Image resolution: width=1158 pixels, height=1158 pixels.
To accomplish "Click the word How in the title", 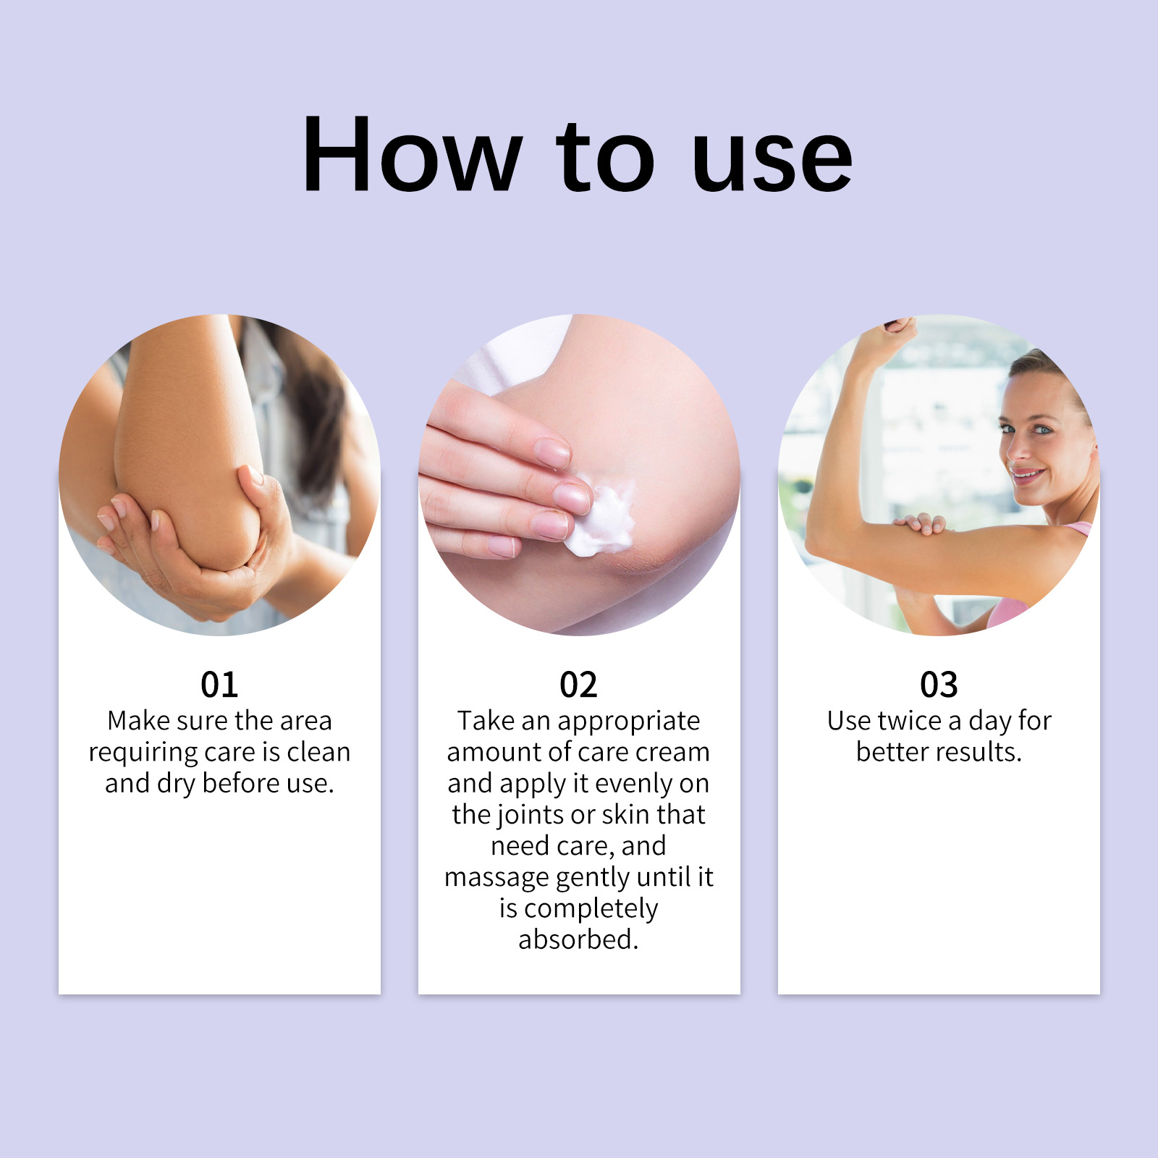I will click(x=411, y=155).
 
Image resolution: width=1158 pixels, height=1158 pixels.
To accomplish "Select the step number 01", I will click(x=219, y=684).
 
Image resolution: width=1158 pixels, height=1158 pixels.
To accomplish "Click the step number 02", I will click(x=578, y=684).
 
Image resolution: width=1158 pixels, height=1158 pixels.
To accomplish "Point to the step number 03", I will click(x=939, y=684).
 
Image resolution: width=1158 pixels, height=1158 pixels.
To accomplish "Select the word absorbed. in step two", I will click(x=578, y=939).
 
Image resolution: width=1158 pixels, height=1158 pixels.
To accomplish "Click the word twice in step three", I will click(x=909, y=721).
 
